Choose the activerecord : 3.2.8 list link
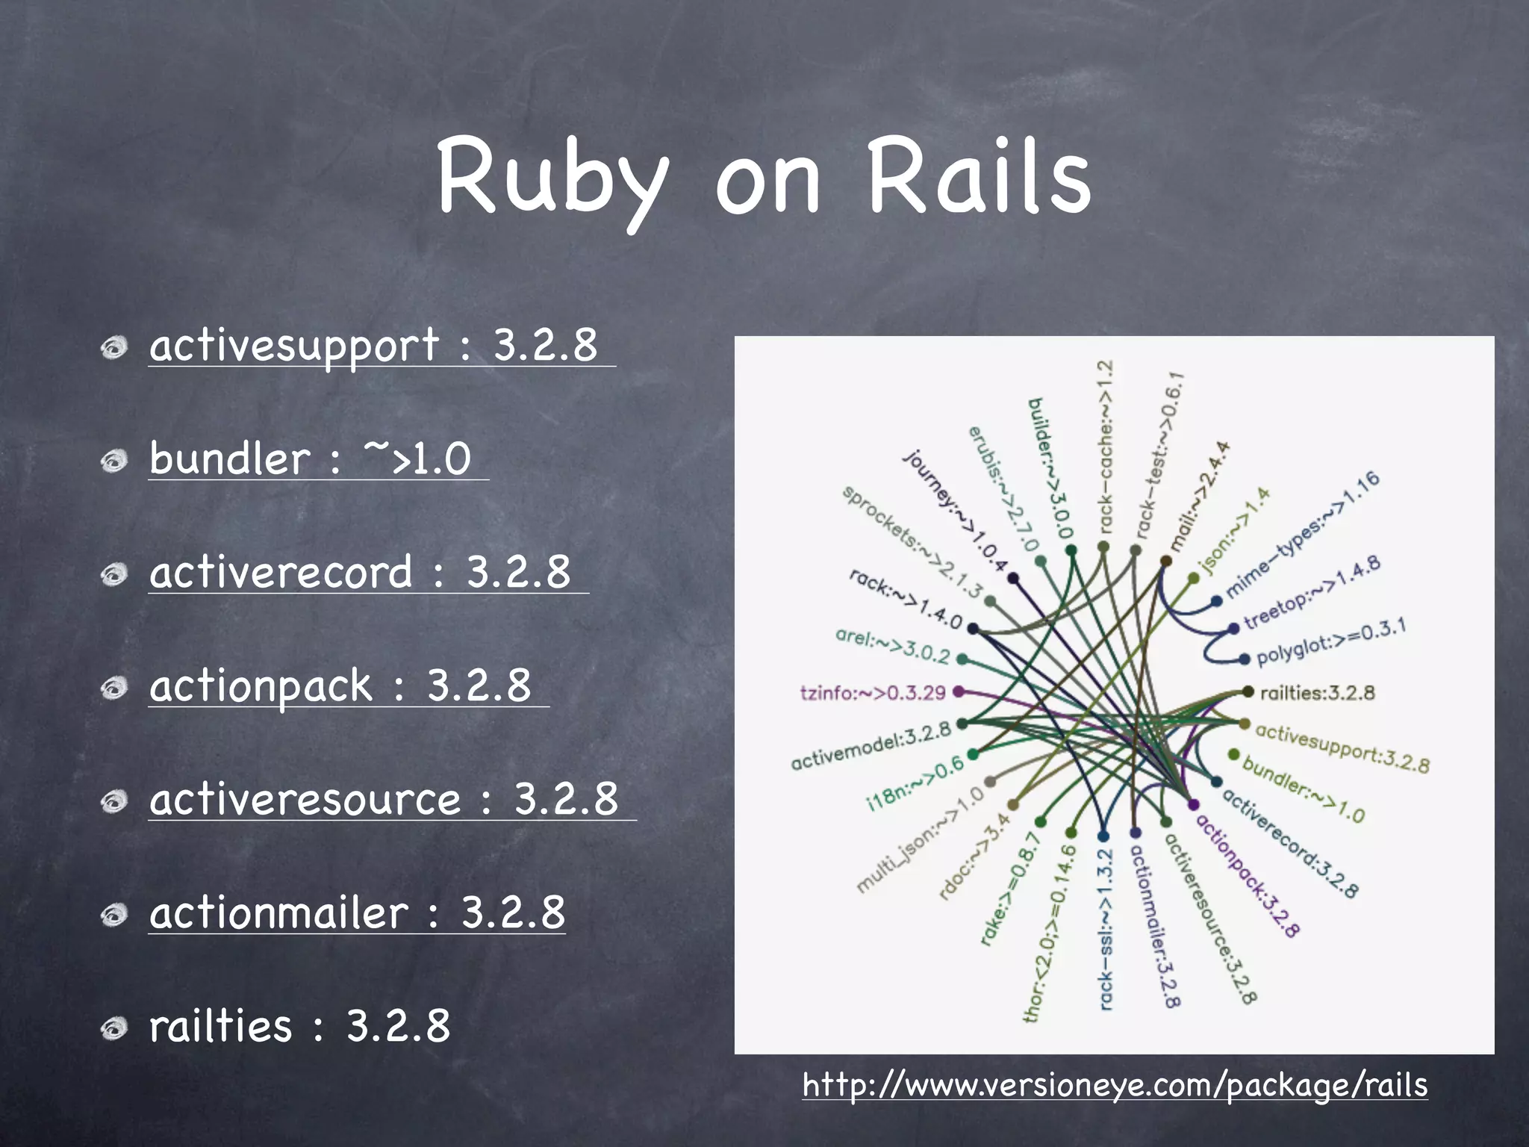pos(360,572)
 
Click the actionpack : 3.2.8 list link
pos(340,686)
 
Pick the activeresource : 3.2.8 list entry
pos(384,799)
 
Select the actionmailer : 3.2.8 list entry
pos(357,913)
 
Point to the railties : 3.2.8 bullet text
pos(299,1026)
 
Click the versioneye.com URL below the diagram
pos(1115,1084)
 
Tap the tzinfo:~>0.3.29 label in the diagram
pos(872,693)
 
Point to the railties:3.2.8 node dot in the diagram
pos(1248,691)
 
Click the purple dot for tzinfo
pos(959,691)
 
